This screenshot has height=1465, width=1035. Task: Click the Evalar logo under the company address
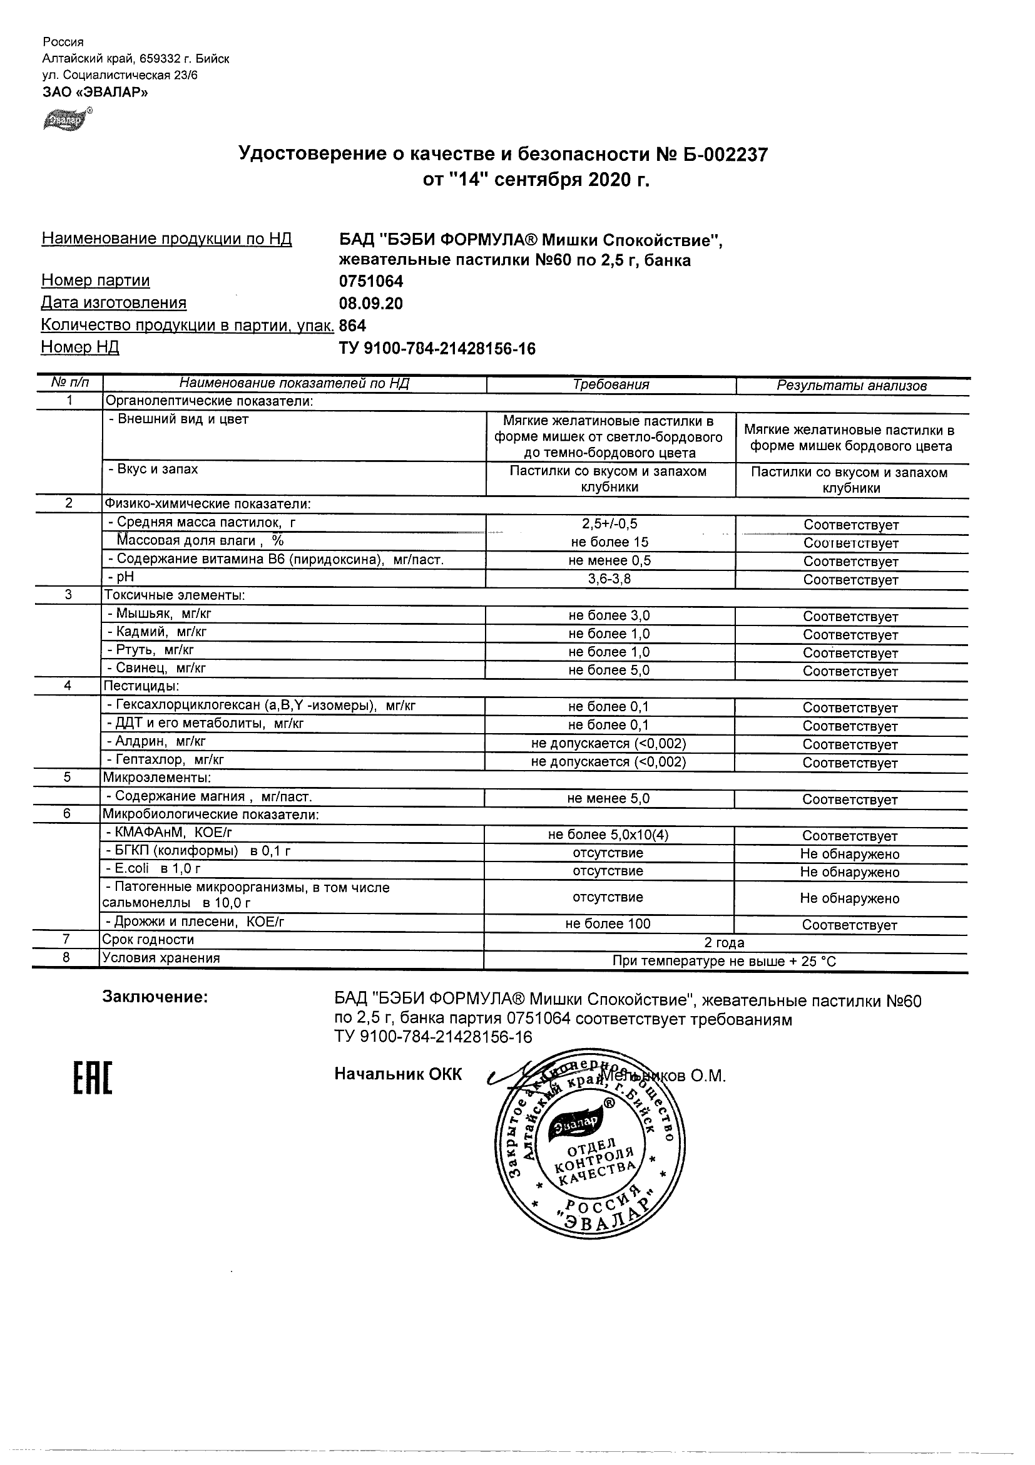[67, 119]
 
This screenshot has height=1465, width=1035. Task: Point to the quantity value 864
[353, 326]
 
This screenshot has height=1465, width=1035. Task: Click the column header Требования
[610, 385]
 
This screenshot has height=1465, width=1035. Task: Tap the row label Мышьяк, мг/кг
[160, 614]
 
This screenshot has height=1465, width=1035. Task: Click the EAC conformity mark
[93, 1078]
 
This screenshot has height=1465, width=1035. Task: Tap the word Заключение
[155, 997]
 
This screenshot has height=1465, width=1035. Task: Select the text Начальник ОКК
[398, 1074]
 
